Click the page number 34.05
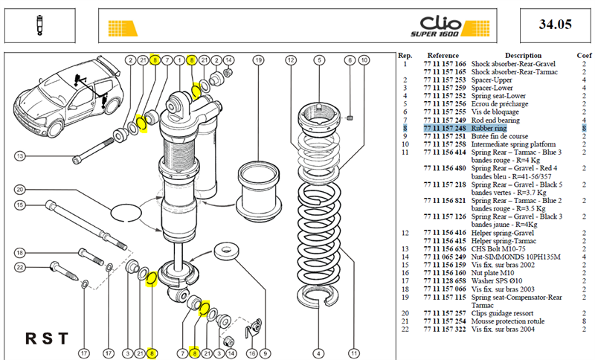555,25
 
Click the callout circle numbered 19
258,60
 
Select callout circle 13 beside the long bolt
20,156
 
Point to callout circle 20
20,189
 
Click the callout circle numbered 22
20,267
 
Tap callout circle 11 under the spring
354,353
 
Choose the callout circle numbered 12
291,60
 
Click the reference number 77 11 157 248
445,128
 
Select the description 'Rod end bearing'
495,120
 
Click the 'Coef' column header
584,55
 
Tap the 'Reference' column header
443,55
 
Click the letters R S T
47,338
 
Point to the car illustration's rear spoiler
109,64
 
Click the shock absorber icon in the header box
39,25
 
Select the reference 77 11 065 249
445,257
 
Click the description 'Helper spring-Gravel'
503,233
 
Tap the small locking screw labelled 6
350,118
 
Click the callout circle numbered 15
20,205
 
